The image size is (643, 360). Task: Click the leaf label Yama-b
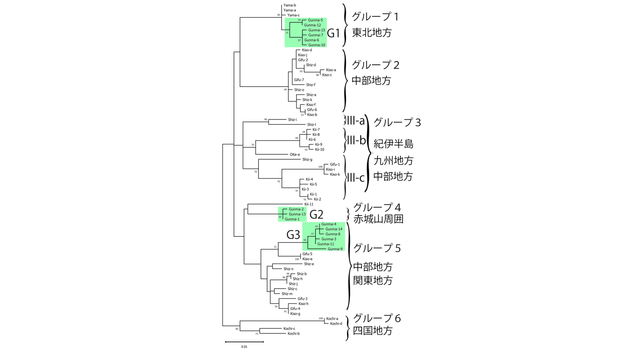pos(289,5)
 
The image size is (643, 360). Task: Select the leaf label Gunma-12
pos(312,25)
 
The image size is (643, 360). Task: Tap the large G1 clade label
pos(333,33)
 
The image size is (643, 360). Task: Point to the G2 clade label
pos(316,214)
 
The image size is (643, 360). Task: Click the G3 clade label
pos(293,235)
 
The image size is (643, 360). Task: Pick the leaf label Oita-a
pos(294,155)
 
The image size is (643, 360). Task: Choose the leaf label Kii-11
pos(309,204)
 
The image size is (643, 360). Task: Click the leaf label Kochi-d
pos(336,324)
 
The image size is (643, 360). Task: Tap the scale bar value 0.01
pos(244,347)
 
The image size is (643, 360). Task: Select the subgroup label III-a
pos(355,121)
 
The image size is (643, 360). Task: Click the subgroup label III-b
pos(356,140)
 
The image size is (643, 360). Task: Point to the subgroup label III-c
pos(355,178)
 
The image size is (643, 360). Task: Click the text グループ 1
pos(375,17)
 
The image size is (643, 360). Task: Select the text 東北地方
pos(372,33)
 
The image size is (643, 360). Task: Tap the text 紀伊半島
pos(393,144)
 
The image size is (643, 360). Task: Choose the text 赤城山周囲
pos(378,219)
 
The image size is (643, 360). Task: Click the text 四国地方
pos(373,331)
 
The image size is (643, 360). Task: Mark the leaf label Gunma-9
pos(335,249)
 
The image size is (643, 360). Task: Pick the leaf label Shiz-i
pos(292,120)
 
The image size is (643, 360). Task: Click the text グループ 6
pos(377,318)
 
